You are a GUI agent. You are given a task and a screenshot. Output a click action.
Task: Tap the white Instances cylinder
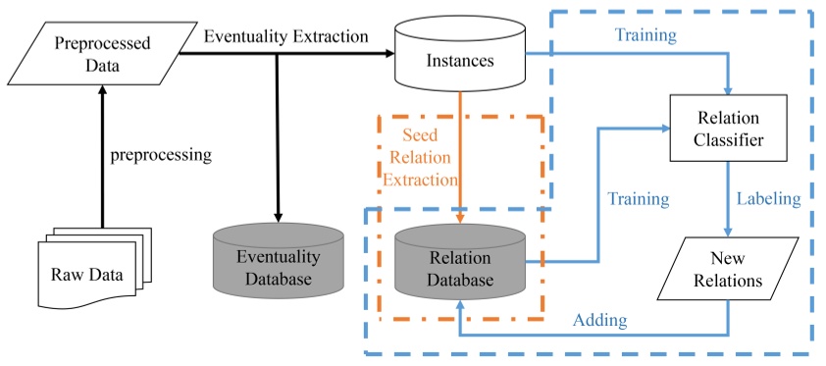tap(459, 61)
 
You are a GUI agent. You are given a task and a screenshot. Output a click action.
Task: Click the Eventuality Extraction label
tap(286, 36)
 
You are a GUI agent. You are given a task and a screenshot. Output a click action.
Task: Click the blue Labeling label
tap(768, 198)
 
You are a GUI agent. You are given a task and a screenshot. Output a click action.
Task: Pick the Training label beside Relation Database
tap(638, 198)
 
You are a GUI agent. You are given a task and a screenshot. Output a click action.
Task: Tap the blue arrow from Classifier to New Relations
tap(727, 201)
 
